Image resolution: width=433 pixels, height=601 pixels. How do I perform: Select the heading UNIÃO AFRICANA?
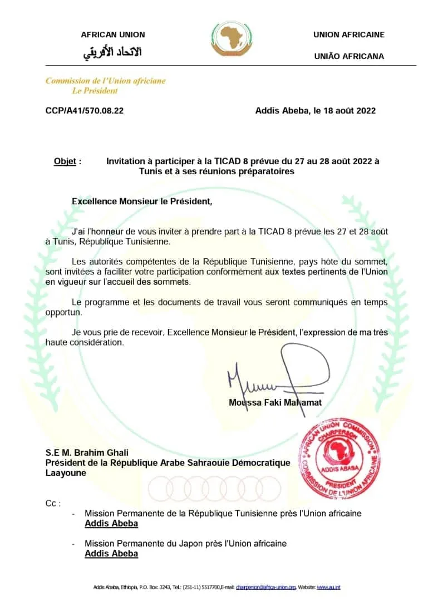coord(349,56)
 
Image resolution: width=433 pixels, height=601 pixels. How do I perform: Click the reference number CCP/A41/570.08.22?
coord(85,111)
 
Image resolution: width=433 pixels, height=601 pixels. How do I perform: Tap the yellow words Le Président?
coord(95,91)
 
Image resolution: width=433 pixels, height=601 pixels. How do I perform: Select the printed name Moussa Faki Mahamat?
coord(275,402)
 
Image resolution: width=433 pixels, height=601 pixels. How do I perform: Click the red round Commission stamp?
coord(341,457)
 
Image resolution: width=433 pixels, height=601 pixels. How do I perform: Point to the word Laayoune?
coord(66,473)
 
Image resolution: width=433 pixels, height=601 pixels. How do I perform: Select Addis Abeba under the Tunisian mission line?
coord(111,524)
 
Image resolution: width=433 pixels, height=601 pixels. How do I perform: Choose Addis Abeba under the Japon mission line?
coord(111,554)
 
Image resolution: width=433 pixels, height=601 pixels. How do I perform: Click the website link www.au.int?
coord(328,587)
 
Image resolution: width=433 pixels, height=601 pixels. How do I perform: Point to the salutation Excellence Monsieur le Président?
coord(142,201)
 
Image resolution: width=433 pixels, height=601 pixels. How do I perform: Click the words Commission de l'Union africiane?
coord(106,81)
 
